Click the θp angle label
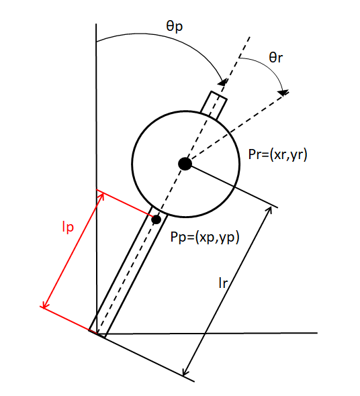point(175,26)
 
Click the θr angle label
point(275,57)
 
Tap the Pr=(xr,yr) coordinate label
point(277,155)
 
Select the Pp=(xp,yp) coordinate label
point(205,237)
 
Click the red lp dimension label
point(68,227)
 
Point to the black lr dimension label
point(223,283)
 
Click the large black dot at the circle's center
point(185,164)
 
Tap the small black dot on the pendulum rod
point(156,219)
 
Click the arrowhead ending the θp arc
point(222,83)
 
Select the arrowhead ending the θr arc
point(283,93)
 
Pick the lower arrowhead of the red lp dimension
point(45,304)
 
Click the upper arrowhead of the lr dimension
point(269,211)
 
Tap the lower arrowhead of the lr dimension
point(185,372)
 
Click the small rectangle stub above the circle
point(214,105)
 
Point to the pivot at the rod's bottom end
point(97,334)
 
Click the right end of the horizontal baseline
point(317,333)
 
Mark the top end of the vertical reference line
point(96,24)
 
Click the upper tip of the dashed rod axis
point(250,37)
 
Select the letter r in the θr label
point(279,59)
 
